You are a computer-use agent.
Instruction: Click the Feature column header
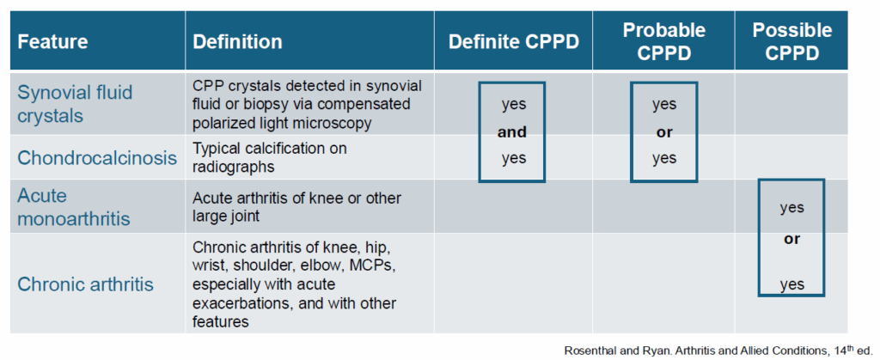click(53, 41)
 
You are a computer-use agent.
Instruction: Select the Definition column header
click(237, 41)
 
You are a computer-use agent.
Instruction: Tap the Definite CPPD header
click(514, 41)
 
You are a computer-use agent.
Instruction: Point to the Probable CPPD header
click(663, 40)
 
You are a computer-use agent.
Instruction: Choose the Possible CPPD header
click(791, 41)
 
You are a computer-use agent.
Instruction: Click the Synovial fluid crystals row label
click(75, 103)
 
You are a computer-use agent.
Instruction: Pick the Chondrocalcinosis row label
click(97, 158)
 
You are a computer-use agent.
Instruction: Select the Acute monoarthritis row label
click(74, 207)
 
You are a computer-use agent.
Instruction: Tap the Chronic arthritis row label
click(85, 284)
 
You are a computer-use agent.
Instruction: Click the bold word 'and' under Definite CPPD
click(513, 132)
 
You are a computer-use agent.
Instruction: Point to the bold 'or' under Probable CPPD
click(663, 131)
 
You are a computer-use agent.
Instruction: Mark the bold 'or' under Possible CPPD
click(791, 239)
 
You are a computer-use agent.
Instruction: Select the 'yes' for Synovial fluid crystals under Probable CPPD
click(663, 105)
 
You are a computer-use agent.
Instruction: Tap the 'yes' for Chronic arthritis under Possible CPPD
click(791, 285)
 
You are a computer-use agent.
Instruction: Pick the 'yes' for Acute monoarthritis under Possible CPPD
click(791, 208)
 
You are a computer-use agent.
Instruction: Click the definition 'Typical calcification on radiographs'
click(270, 157)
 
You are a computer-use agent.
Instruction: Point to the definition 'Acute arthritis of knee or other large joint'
click(296, 207)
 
